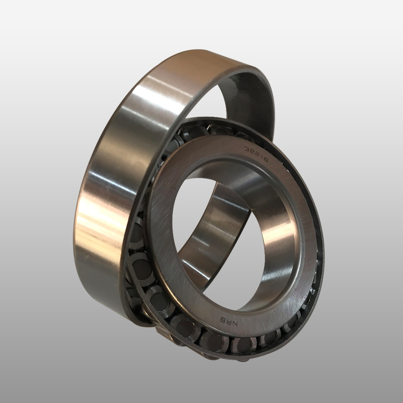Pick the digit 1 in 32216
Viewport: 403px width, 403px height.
click(x=262, y=156)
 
